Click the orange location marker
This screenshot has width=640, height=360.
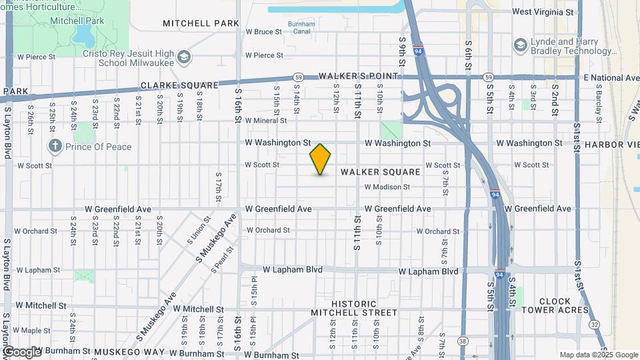[320, 159]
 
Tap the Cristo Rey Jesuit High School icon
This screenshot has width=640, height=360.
[183, 57]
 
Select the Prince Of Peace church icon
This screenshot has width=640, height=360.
[55, 146]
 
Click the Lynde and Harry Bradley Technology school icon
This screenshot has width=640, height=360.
[520, 45]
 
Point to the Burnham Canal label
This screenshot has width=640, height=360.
[301, 27]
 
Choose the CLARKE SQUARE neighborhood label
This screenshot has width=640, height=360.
[179, 85]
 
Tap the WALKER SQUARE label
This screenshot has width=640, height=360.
[381, 172]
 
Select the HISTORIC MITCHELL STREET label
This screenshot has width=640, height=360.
[354, 308]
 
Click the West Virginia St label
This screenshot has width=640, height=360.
[542, 12]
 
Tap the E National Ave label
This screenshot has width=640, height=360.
[611, 78]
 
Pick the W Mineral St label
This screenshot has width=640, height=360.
[265, 121]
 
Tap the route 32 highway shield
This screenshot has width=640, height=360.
[593, 324]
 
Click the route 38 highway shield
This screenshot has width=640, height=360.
[462, 341]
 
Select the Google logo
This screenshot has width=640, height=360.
[21, 351]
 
